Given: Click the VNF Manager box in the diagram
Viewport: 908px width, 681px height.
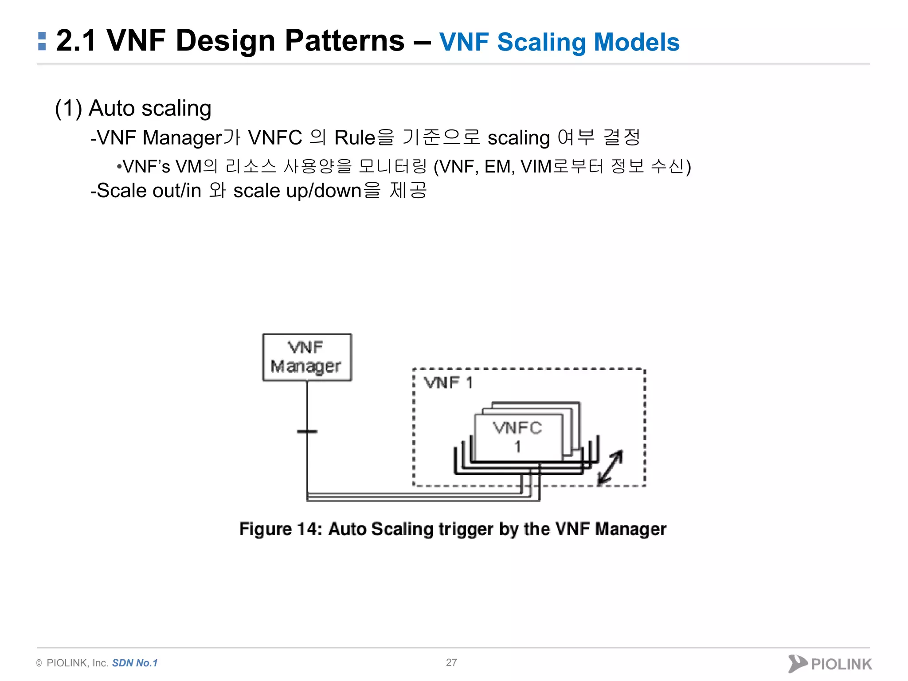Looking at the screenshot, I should point(307,357).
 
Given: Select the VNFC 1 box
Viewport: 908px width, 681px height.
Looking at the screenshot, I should point(518,437).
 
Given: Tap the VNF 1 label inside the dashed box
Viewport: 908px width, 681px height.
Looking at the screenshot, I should point(448,383).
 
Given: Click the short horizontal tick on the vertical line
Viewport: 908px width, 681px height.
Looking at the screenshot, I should point(307,431).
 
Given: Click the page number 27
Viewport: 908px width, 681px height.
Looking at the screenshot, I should point(451,662).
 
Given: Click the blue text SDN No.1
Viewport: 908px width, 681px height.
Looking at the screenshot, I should point(135,663).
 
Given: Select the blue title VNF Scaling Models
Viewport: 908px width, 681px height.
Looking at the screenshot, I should point(559,42).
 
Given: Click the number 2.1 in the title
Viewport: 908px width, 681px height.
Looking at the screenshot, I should point(76,41).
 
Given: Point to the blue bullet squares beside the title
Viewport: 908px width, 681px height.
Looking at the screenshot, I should point(42,41).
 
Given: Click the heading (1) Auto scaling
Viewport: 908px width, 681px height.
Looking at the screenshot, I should point(133,108).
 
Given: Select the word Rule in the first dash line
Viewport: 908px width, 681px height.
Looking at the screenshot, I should point(355,138).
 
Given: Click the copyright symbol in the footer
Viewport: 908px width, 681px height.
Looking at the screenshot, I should point(39,663).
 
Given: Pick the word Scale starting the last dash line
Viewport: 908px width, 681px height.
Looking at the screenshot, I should point(121,191).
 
